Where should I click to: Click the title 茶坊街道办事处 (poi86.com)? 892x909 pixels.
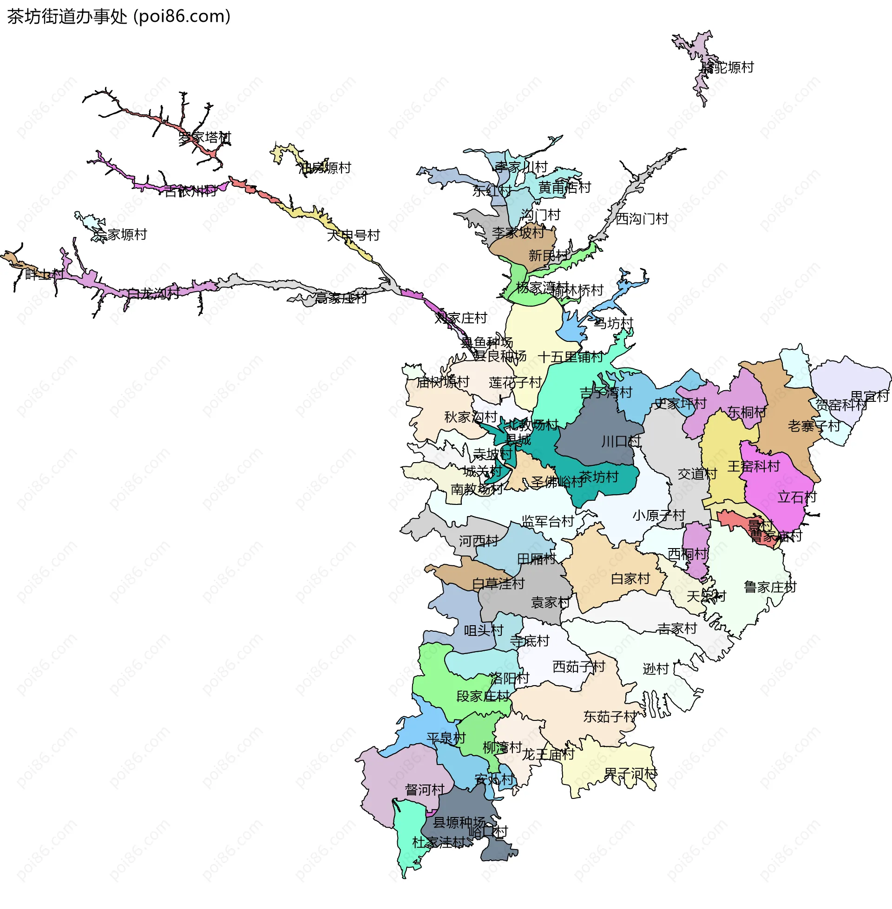point(118,16)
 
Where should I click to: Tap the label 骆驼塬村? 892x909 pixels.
point(727,67)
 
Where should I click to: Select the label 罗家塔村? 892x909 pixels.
point(205,137)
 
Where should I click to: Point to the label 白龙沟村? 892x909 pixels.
point(153,294)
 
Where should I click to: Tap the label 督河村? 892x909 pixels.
point(425,790)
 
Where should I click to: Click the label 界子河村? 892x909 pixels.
point(630,774)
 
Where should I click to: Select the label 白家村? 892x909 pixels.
point(630,579)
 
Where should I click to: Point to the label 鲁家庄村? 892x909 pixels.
point(770,587)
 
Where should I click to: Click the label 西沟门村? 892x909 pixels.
point(642,219)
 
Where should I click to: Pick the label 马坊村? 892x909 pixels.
point(613,323)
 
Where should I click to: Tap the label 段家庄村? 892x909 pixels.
point(483,696)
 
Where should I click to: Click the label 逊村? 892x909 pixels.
point(656,669)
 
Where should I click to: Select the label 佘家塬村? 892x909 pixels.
point(120,234)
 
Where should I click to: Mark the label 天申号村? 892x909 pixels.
point(353,235)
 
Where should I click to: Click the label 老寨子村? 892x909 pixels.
point(814,426)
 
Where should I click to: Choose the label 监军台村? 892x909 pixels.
point(548,521)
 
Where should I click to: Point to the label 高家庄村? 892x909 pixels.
point(341,298)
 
